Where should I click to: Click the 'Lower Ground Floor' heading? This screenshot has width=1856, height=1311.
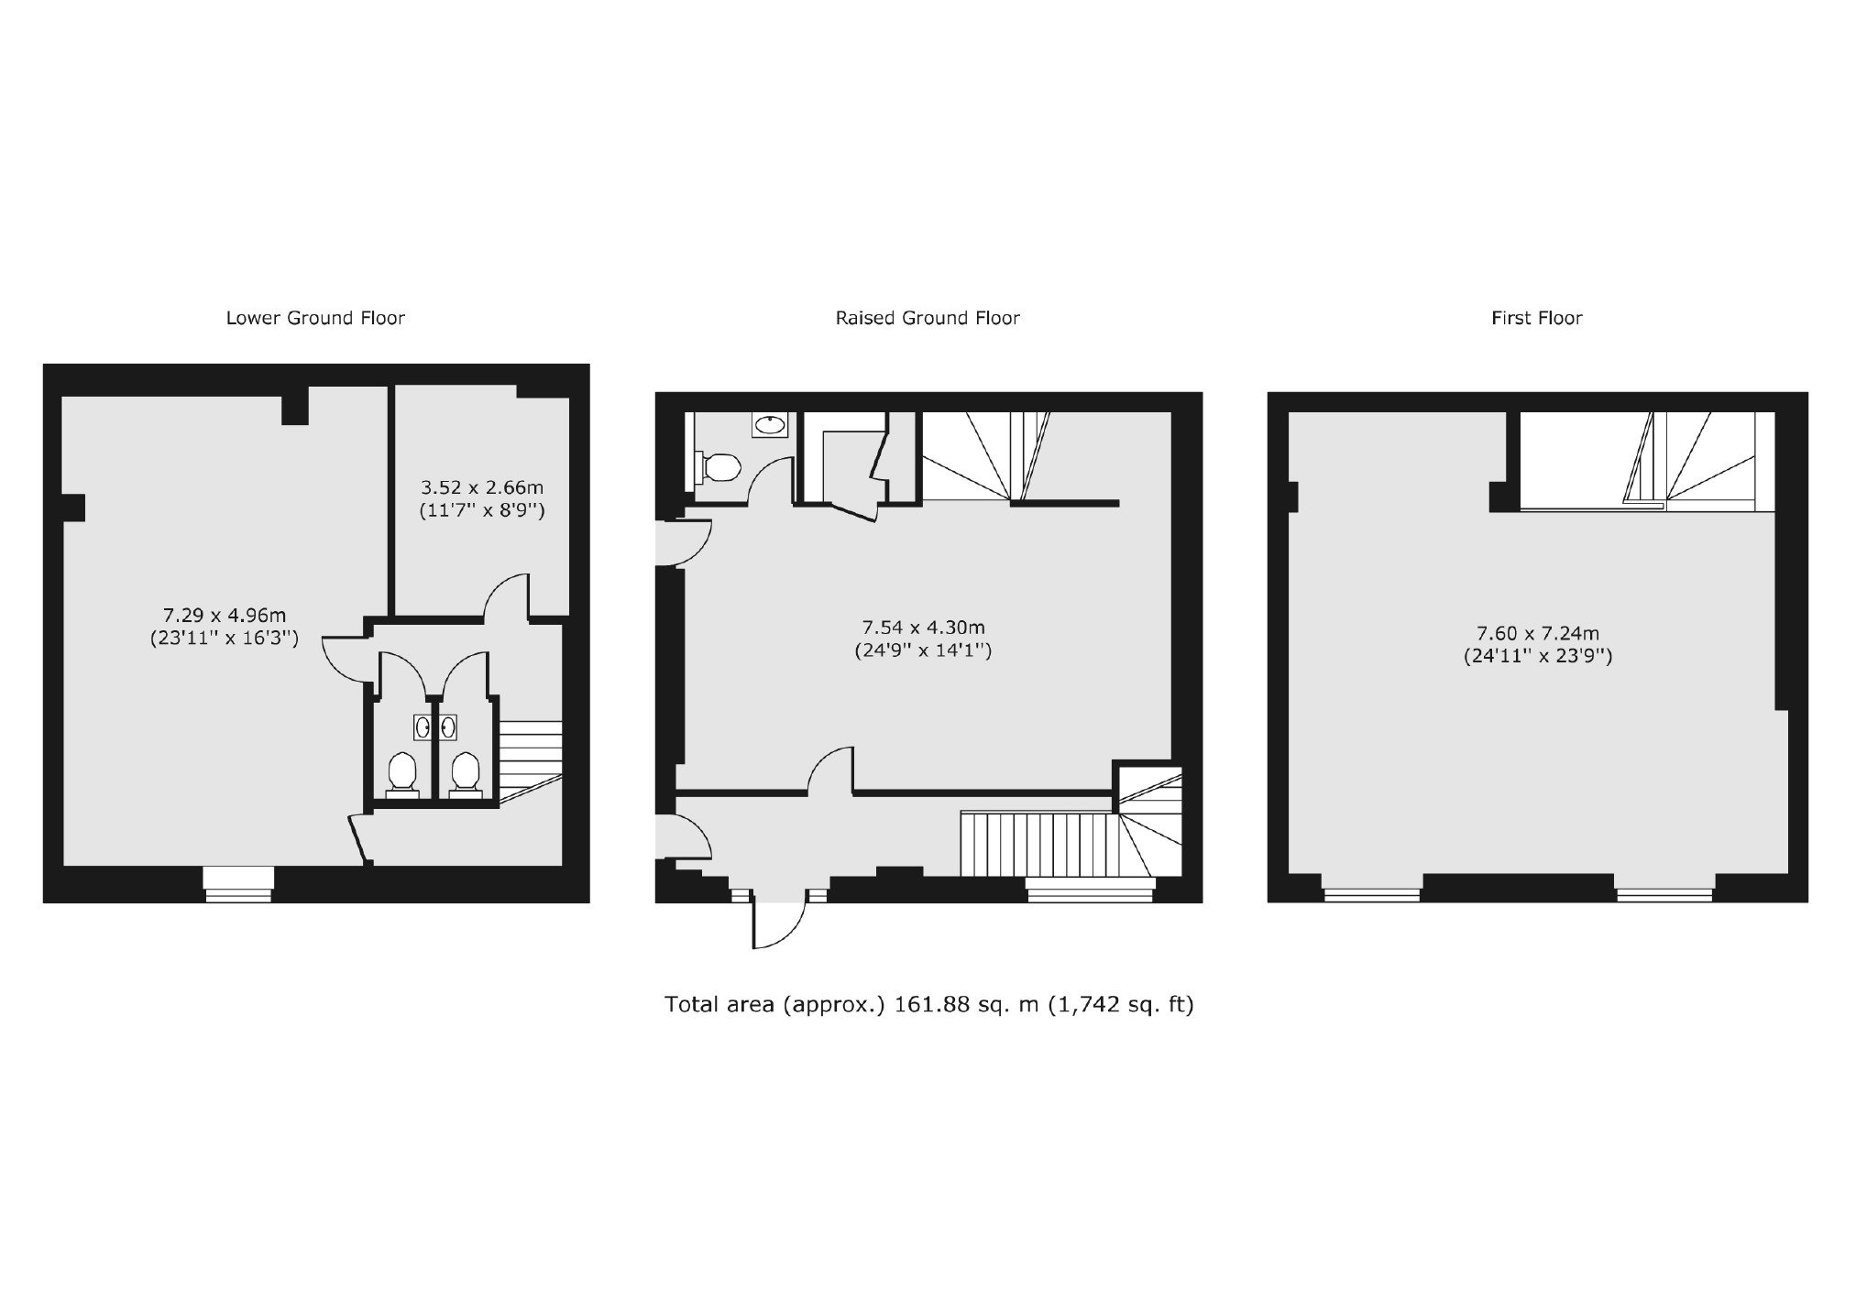315,318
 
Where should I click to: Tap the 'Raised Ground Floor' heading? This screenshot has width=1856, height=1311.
928,318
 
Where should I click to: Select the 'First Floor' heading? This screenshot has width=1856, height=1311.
1537,318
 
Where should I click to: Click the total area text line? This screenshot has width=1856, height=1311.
928,1005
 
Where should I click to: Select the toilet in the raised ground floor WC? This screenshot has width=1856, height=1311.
718,467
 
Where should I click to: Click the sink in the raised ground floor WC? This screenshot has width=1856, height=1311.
770,424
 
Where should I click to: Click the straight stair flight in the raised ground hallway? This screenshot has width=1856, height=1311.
1037,843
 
